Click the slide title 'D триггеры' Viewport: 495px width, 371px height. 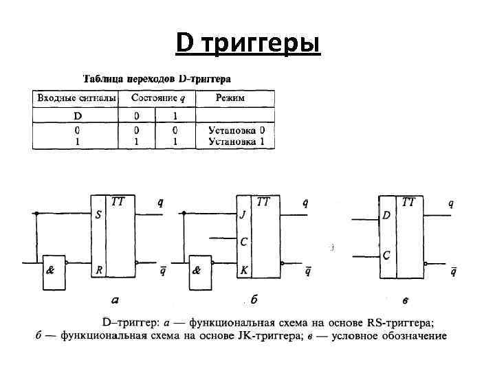(x=247, y=44)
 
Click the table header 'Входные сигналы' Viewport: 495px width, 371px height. (x=76, y=98)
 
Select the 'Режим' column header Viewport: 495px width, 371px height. (x=230, y=98)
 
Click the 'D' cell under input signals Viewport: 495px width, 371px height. (x=78, y=115)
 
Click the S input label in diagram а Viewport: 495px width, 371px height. (x=98, y=215)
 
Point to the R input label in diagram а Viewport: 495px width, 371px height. (x=98, y=271)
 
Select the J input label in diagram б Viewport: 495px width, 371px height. (x=243, y=215)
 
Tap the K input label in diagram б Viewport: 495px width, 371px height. (x=243, y=271)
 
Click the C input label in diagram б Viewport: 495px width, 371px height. (x=243, y=242)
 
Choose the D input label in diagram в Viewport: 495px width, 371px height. (x=386, y=216)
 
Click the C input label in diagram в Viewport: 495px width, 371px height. (x=386, y=256)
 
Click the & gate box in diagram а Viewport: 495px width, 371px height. (x=53, y=271)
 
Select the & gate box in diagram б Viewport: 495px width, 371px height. (x=199, y=271)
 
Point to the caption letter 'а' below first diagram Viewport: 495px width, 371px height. (x=115, y=300)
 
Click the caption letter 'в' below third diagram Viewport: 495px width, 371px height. (x=406, y=300)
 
